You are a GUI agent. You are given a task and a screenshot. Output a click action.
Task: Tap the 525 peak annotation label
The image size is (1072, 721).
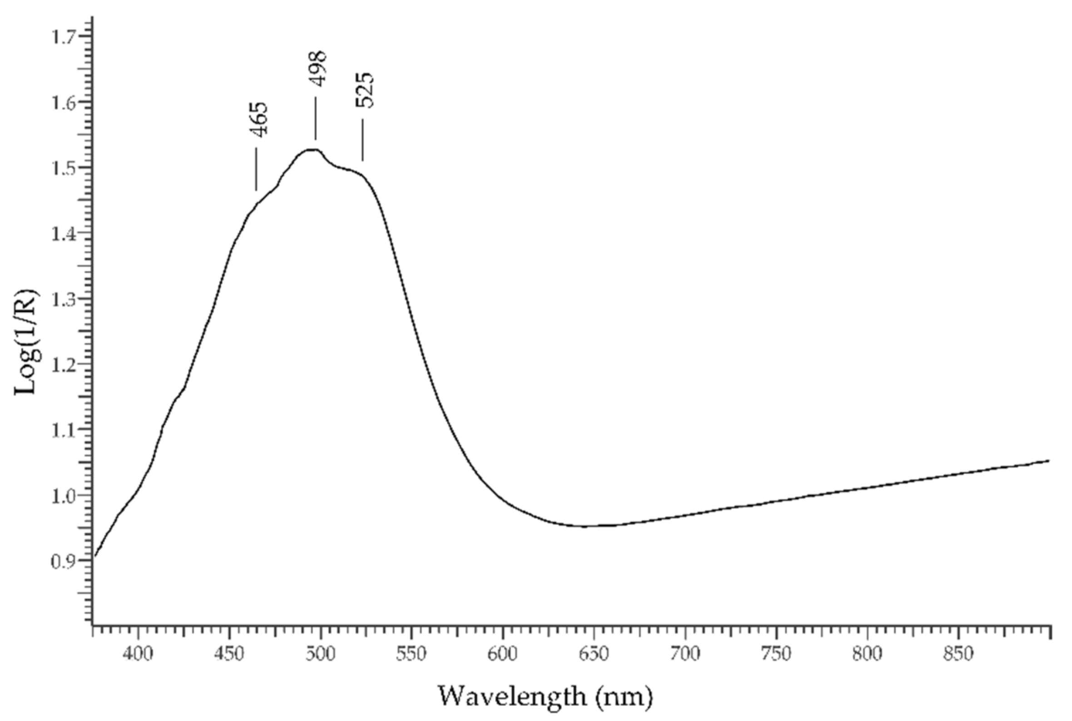click(365, 90)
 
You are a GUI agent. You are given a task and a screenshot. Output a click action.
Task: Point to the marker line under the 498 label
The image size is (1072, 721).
click(315, 118)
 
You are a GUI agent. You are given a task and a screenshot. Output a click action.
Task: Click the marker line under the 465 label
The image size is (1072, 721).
click(256, 169)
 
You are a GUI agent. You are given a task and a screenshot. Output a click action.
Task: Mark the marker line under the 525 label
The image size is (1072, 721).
click(362, 140)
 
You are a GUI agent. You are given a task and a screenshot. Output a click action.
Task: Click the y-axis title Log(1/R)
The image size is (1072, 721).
click(27, 342)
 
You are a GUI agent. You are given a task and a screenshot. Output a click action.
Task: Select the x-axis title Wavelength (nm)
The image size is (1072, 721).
click(545, 696)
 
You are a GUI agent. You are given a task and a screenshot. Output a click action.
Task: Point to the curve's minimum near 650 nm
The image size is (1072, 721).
click(586, 526)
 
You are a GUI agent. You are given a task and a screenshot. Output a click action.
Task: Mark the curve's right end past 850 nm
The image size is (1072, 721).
click(1048, 460)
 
